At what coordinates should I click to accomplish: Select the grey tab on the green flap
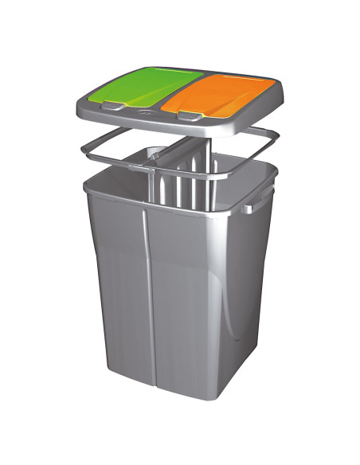[115, 105]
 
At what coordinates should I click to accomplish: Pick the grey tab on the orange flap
[188, 116]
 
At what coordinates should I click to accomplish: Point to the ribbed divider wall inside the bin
[179, 187]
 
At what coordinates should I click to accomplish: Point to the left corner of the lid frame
[78, 105]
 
